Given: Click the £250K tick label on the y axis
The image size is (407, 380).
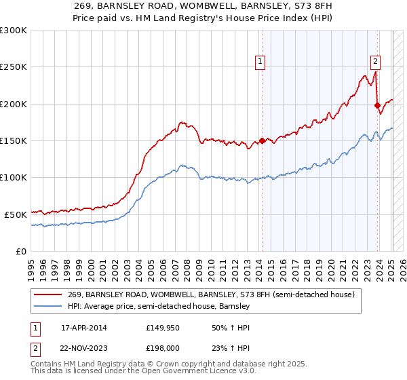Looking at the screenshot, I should (14, 67).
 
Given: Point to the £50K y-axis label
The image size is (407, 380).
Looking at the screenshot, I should (16, 214).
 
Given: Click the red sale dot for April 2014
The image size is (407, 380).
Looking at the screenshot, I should (262, 141).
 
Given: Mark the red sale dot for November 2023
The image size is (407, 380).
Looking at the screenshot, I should (377, 105).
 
